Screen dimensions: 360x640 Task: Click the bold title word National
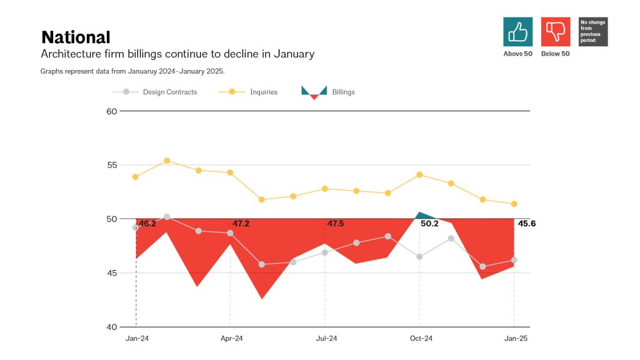[76, 37]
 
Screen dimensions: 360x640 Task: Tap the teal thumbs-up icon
[517, 31]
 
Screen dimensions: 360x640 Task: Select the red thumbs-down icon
[556, 31]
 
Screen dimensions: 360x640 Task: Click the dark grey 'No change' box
[593, 31]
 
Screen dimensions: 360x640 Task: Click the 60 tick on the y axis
[112, 111]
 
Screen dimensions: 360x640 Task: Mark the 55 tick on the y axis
[112, 165]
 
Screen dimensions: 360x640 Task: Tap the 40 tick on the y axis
[112, 327]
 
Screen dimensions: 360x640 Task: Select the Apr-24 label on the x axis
[231, 339]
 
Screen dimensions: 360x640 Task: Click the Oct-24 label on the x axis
[421, 339]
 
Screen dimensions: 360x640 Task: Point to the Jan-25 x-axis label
[516, 339]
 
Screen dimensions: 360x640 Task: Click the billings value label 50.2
[429, 224]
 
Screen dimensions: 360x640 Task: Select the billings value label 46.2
[147, 224]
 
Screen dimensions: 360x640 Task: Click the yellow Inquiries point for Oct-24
[419, 174]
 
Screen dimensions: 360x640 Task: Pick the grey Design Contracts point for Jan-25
[514, 260]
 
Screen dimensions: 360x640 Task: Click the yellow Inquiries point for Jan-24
[136, 177]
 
